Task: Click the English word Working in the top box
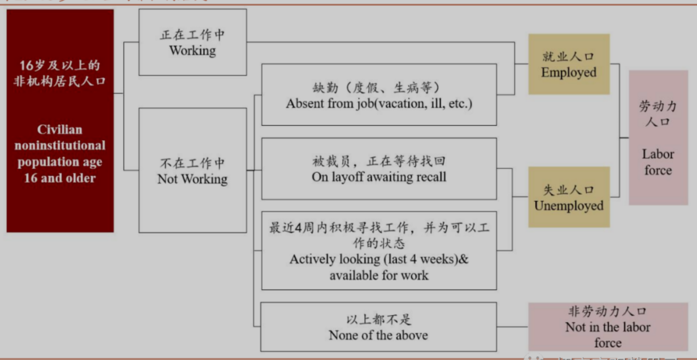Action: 193,51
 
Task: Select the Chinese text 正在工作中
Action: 193,35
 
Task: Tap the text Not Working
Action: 193,179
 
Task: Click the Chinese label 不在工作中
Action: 193,163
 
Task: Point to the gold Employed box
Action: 569,64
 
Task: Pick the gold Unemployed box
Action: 569,197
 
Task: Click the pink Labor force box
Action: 658,137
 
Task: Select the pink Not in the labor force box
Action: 608,327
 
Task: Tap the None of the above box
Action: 379,327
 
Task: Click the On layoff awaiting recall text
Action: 379,177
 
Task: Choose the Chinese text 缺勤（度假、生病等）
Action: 379,88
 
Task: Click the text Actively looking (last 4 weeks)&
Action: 379,259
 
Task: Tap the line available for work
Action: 379,275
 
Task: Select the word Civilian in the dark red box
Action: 60,130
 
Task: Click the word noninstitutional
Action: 60,146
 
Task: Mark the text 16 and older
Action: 60,178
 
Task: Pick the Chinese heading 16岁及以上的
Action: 60,65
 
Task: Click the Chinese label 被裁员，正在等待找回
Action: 379,161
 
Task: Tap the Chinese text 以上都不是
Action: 379,320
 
